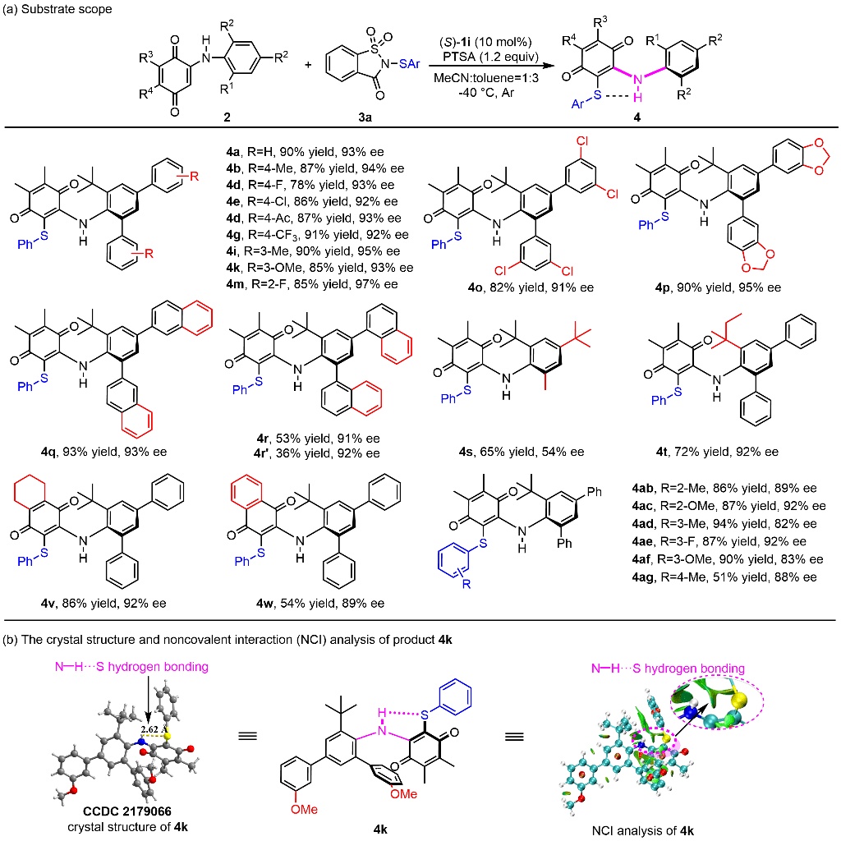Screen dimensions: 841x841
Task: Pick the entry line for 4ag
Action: pos(726,578)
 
